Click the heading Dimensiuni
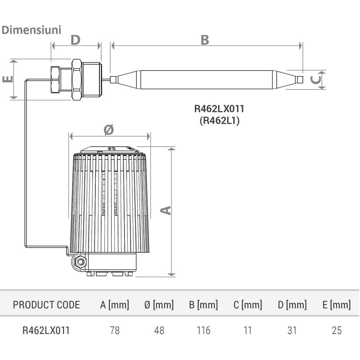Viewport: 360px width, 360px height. coord(31,30)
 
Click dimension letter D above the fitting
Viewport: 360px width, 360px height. coord(76,40)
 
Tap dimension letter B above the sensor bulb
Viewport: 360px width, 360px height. coord(205,40)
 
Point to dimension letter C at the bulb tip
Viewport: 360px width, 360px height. coord(315,80)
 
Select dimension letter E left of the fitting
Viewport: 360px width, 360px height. coord(8,79)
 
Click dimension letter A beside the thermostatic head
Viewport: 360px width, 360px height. coord(166,210)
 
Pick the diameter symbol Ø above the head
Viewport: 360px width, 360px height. coord(109,130)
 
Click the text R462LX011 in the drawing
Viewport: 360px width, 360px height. coord(219,108)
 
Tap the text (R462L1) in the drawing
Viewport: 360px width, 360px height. coord(220,120)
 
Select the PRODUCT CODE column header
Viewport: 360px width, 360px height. coord(46,305)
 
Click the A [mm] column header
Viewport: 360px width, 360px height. coord(115,305)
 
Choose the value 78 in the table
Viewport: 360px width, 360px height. coord(115,330)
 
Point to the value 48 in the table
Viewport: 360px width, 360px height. coord(159,330)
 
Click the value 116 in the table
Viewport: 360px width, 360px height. coord(203,330)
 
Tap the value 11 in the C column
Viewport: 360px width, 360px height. coord(247,330)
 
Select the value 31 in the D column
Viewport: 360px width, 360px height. coord(292,330)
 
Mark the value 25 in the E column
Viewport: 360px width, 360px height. coord(337,330)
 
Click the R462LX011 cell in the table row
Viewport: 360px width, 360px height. coord(46,330)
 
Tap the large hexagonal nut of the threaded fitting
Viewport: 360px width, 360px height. coord(76,80)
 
